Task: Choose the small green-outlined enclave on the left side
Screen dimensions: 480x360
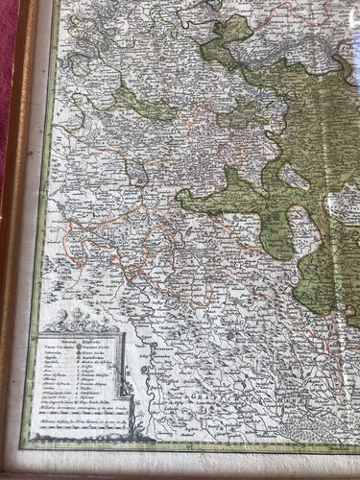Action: (x=136, y=175)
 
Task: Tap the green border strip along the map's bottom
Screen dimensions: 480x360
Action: (x=192, y=443)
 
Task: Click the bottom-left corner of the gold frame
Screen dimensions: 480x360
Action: (x=10, y=471)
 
